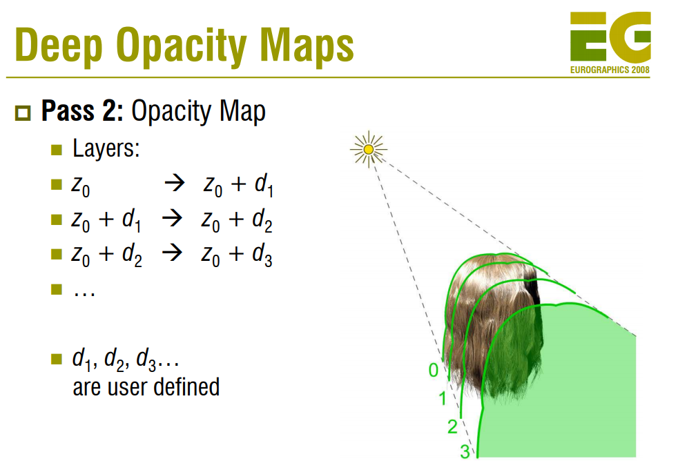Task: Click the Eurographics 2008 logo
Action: click(610, 41)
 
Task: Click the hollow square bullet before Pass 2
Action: click(24, 112)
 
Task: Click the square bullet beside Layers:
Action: click(57, 150)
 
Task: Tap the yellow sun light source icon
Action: click(369, 148)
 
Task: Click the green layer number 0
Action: click(433, 371)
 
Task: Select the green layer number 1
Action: click(443, 398)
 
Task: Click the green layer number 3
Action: click(465, 453)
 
